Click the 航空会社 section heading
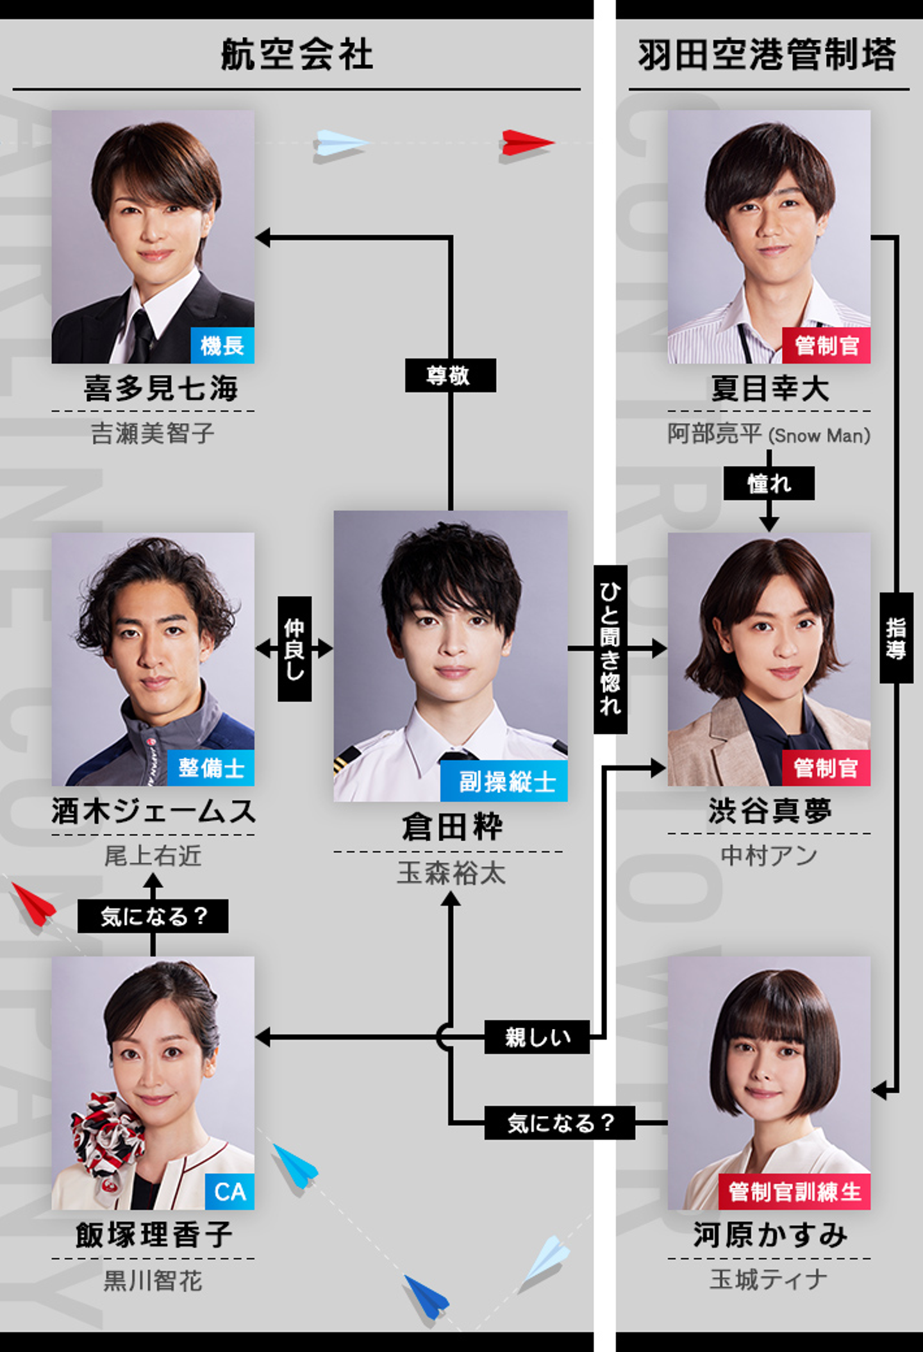point(297,54)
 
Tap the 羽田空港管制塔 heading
point(767,54)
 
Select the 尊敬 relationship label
point(450,375)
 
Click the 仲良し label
point(294,649)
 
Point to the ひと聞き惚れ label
point(610,649)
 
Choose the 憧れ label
point(769,483)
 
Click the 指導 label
point(896,638)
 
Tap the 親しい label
point(537,1037)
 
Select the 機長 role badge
point(222,346)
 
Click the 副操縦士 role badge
point(504,781)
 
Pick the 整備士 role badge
point(211,767)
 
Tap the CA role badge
point(230,1191)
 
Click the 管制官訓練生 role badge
point(794,1191)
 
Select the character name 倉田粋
point(451,826)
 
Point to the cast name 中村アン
point(769,855)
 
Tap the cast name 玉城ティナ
point(769,1280)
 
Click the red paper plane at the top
point(527,143)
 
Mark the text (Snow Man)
point(819,435)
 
